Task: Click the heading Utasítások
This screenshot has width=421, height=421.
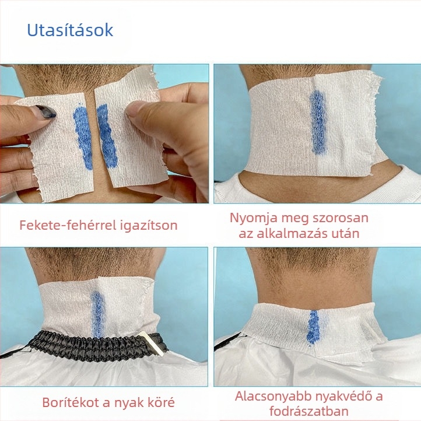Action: point(70,30)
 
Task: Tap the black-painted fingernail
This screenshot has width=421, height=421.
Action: point(46,111)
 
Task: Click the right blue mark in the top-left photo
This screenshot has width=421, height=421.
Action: point(107,136)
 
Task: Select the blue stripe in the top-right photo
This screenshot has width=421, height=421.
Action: point(318,122)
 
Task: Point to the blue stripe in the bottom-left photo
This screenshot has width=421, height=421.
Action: point(98,314)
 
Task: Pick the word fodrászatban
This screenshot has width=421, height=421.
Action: point(309,411)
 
